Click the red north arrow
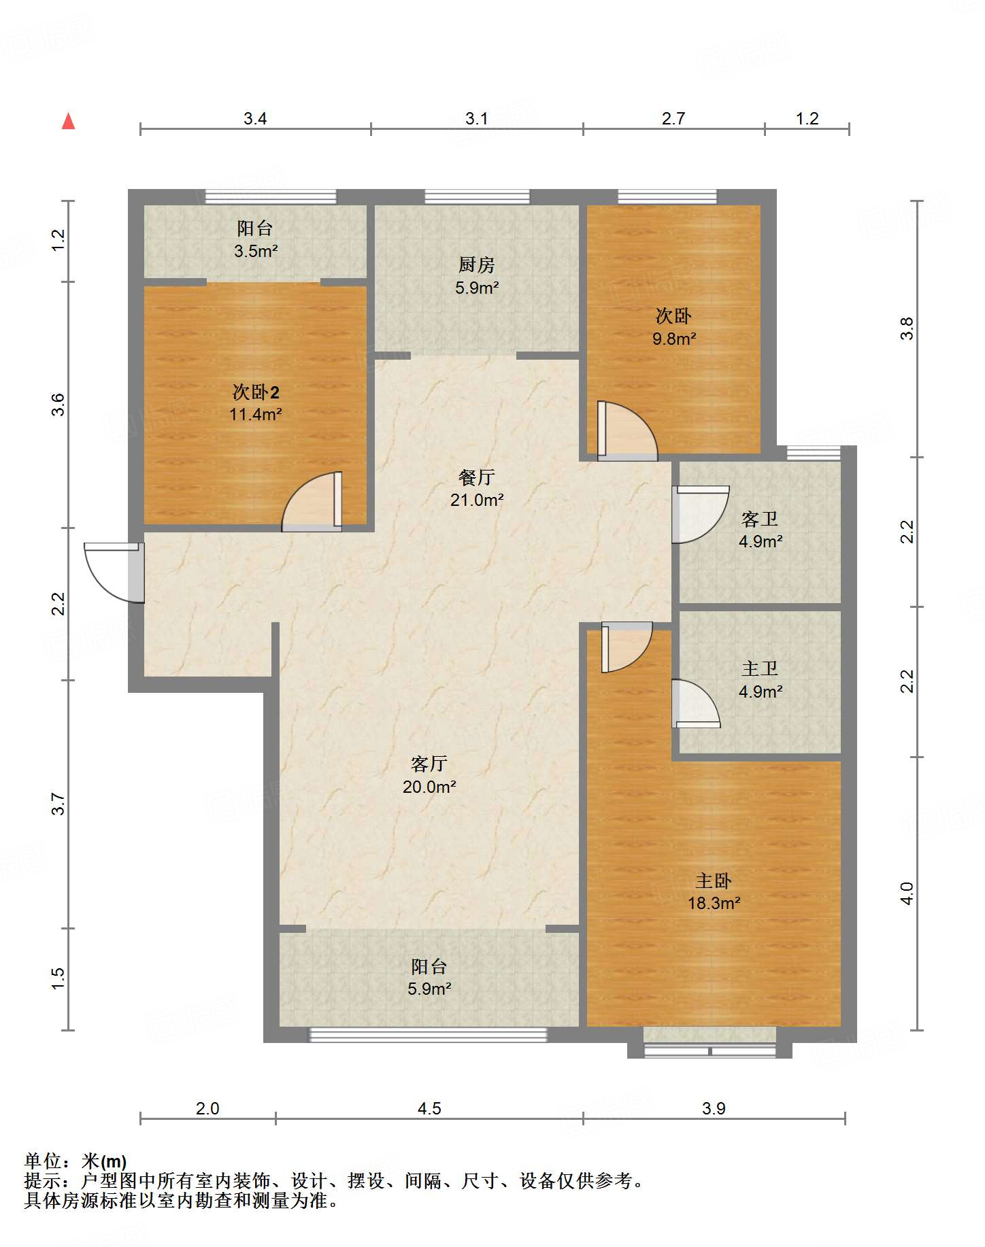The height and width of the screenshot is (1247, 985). coord(68,121)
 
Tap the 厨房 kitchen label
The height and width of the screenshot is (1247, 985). coord(476,264)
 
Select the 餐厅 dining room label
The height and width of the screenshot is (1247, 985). coord(476,477)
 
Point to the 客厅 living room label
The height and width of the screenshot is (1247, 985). coord(429,764)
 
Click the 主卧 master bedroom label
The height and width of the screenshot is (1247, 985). coord(713,881)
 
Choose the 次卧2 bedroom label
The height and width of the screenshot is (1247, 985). coord(256,392)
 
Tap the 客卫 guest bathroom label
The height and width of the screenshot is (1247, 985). coord(759,519)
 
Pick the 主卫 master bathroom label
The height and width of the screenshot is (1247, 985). coord(759,668)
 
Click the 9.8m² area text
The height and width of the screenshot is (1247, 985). coord(673,339)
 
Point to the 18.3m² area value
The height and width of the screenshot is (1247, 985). coord(714,903)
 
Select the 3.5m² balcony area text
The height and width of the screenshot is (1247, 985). coord(256,251)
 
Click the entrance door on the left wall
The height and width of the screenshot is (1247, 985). coord(114,572)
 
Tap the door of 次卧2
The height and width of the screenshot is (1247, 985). coord(312,502)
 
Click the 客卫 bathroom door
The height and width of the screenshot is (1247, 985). coord(700,514)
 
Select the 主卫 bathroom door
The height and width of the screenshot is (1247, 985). coord(695,703)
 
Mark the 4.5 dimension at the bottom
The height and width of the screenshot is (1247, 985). coord(429,1108)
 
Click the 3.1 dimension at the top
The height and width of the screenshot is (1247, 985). coord(476,118)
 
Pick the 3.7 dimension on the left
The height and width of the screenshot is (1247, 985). coord(59,804)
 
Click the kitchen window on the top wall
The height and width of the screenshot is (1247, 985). coord(477,197)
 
